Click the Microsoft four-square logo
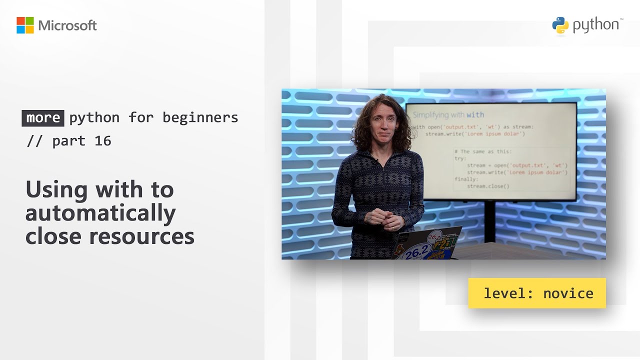pyautogui.click(x=25, y=25)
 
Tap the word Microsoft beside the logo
pyautogui.click(x=67, y=25)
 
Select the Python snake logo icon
pyautogui.click(x=560, y=25)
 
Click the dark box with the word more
pyautogui.click(x=43, y=117)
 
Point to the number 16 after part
pyautogui.click(x=102, y=141)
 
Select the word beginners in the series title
pyautogui.click(x=200, y=117)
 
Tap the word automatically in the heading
pyautogui.click(x=100, y=213)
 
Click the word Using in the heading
pyautogui.click(x=56, y=190)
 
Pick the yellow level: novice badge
pyautogui.click(x=537, y=293)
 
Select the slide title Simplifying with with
pyautogui.click(x=448, y=115)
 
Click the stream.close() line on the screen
pyautogui.click(x=488, y=186)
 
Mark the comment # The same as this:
pyautogui.click(x=483, y=151)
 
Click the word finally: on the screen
pyautogui.click(x=466, y=179)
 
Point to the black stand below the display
pyautogui.click(x=489, y=220)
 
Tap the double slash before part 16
pyautogui.click(x=35, y=141)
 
